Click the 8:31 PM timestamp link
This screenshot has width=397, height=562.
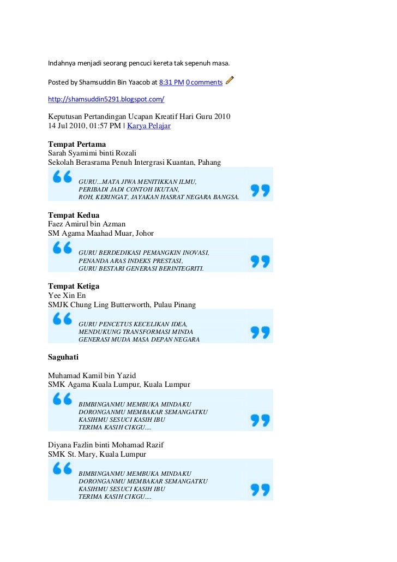point(171,82)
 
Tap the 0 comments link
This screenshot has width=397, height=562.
point(204,82)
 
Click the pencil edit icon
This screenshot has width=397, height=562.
point(230,81)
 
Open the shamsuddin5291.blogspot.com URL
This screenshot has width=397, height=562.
point(106,100)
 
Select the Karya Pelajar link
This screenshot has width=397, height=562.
point(149,125)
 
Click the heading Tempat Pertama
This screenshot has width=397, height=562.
point(77,144)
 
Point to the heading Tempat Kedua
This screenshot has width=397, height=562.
point(74,215)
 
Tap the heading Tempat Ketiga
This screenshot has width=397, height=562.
point(74,286)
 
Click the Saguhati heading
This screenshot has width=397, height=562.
point(63,357)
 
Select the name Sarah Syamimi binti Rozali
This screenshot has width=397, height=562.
point(92,153)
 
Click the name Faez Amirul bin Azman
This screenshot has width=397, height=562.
point(87,224)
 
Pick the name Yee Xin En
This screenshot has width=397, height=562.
point(67,295)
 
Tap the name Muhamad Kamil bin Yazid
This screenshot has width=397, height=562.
point(92,375)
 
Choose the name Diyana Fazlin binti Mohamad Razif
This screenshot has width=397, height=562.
point(106,445)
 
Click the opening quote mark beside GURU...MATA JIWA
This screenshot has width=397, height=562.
point(62,177)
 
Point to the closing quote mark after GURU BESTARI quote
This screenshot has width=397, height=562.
point(260,261)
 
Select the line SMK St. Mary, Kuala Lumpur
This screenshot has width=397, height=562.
point(97,454)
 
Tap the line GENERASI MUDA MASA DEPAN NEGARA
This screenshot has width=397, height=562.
point(139,339)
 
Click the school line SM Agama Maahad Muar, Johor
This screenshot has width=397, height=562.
point(101,233)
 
